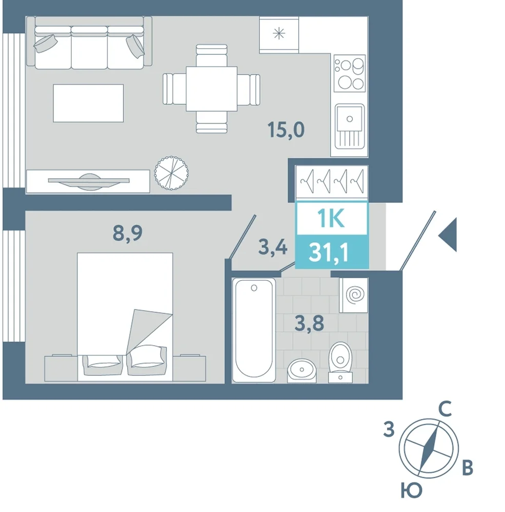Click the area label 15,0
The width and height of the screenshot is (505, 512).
286,130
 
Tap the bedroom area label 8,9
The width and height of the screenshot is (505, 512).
128,233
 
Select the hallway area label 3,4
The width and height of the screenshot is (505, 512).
273,247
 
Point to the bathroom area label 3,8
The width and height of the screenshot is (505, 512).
309,323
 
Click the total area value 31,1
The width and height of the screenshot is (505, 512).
329,252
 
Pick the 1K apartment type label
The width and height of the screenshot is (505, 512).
331,218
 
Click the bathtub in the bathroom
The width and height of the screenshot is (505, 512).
254,330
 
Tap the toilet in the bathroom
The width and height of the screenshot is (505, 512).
340,362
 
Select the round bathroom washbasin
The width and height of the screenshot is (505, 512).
302,370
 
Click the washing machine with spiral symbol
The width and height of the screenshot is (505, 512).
354,295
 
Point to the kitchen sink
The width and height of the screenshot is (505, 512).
350,126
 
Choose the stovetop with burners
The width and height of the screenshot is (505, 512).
350,73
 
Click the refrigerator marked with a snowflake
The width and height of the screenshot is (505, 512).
279,35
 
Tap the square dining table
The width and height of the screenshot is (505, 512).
212,89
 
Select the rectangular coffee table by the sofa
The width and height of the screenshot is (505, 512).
88,103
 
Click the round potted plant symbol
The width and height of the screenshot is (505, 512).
171,173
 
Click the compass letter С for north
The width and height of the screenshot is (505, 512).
445,409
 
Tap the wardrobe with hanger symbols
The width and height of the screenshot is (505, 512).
332,182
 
